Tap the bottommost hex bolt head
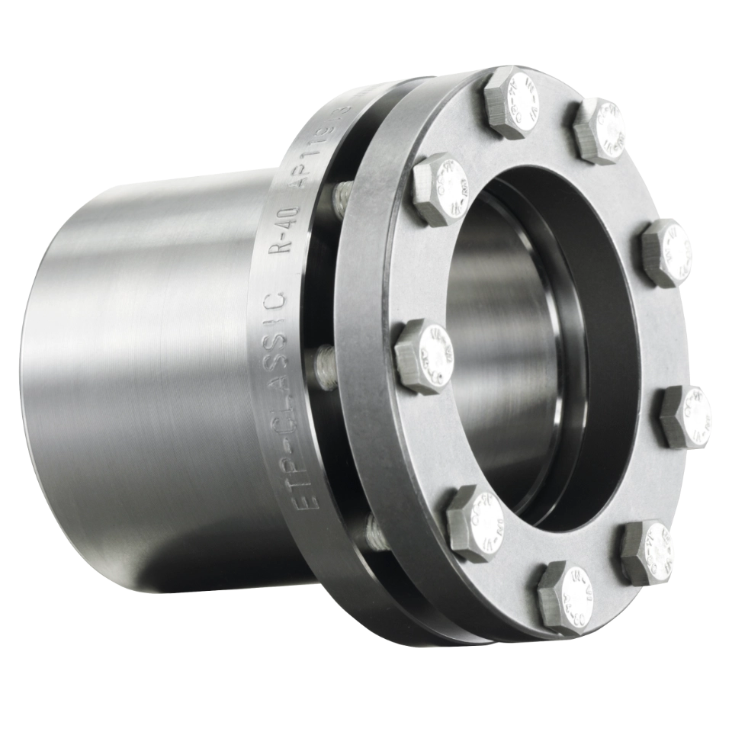point(564,596)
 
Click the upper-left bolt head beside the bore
point(441,189)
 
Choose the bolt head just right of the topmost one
point(601,130)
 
